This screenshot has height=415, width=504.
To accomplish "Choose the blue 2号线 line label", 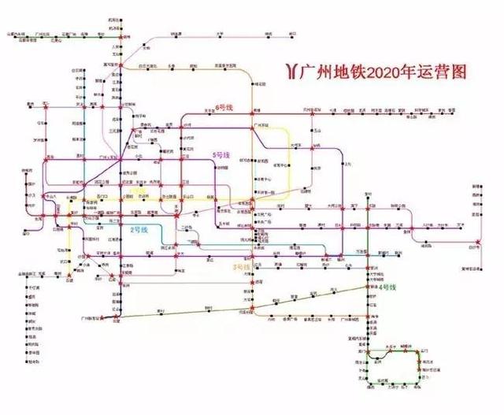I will (139, 228).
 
